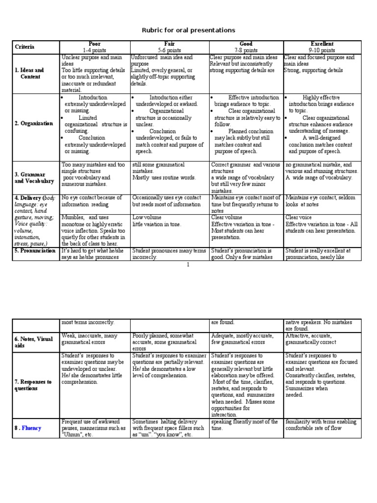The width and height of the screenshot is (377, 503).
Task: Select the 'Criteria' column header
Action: click(x=25, y=47)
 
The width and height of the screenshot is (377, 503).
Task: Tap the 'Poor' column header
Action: click(x=94, y=44)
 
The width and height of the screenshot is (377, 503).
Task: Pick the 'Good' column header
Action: click(x=246, y=44)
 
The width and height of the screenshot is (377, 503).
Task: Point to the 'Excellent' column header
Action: click(x=322, y=44)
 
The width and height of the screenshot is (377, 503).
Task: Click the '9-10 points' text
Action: click(x=322, y=50)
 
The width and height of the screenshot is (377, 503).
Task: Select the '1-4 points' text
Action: click(x=94, y=50)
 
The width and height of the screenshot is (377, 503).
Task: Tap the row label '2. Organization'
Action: click(x=34, y=123)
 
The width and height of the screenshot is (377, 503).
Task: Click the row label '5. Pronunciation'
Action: click(x=35, y=251)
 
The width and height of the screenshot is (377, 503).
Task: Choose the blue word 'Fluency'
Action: click(x=31, y=428)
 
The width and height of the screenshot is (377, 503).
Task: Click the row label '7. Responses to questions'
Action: click(x=33, y=385)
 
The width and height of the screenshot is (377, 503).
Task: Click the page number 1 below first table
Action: click(x=188, y=265)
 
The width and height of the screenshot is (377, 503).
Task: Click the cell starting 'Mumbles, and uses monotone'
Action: click(x=93, y=230)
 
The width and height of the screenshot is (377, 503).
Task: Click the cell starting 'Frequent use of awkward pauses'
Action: click(x=93, y=428)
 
